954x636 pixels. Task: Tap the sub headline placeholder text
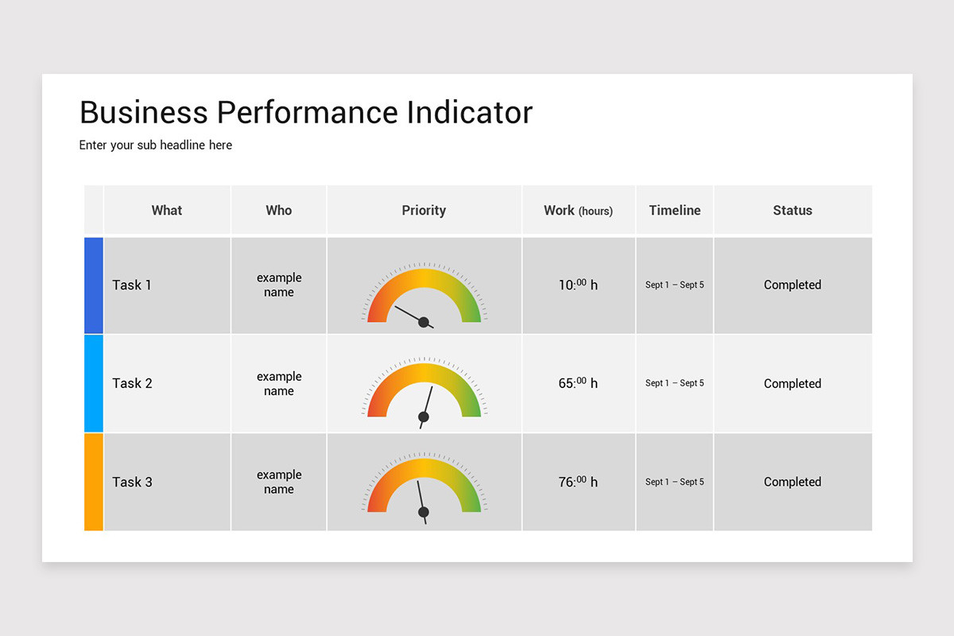point(156,145)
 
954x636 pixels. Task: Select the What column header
point(167,211)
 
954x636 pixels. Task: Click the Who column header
point(279,211)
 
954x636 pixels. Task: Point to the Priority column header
point(424,211)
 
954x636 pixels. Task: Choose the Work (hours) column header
point(578,211)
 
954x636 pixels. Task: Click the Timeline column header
point(675,211)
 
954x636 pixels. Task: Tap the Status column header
point(793,211)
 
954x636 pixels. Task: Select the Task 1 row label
point(132,285)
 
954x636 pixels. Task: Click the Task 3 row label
point(132,482)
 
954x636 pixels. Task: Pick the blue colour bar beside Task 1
point(94,285)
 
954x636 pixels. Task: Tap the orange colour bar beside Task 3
point(94,482)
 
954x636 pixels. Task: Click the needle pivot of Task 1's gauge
point(424,322)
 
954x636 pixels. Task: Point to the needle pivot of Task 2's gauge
point(424,417)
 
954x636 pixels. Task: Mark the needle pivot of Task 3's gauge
point(424,512)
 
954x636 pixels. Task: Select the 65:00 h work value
point(578,383)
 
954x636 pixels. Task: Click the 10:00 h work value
point(578,285)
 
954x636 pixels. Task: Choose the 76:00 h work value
point(578,482)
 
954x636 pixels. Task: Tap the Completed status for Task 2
point(793,383)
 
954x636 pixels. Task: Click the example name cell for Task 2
point(279,383)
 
